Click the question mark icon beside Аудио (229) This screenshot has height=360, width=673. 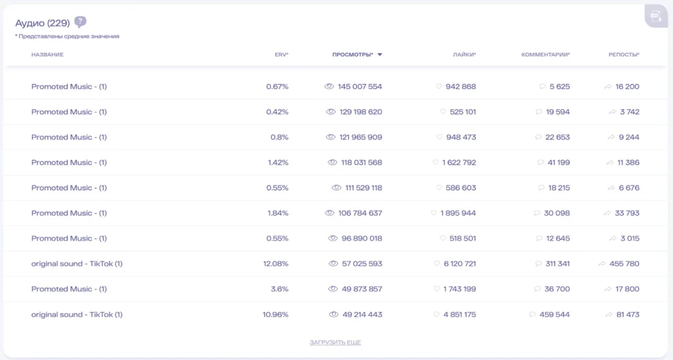80,22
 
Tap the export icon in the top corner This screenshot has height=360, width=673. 656,16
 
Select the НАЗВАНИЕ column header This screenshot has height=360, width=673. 47,55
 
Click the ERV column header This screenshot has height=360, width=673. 281,55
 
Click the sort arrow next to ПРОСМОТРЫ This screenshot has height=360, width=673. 379,55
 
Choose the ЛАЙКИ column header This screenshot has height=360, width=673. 465,55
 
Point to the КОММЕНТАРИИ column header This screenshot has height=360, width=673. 545,55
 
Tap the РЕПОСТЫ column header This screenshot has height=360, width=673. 624,55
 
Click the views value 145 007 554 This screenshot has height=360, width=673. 360,87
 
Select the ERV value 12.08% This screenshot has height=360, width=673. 275,264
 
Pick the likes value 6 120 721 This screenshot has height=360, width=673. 459,264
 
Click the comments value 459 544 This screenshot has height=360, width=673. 555,315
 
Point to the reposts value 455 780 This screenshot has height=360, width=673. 624,264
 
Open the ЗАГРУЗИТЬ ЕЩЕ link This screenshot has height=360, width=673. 335,342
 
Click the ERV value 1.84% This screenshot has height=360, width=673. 278,214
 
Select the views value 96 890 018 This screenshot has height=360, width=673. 362,238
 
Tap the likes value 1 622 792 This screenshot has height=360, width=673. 459,163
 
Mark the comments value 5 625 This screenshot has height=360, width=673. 560,87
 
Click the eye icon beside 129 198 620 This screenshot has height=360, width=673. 331,112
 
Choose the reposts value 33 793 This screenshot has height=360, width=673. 627,214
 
